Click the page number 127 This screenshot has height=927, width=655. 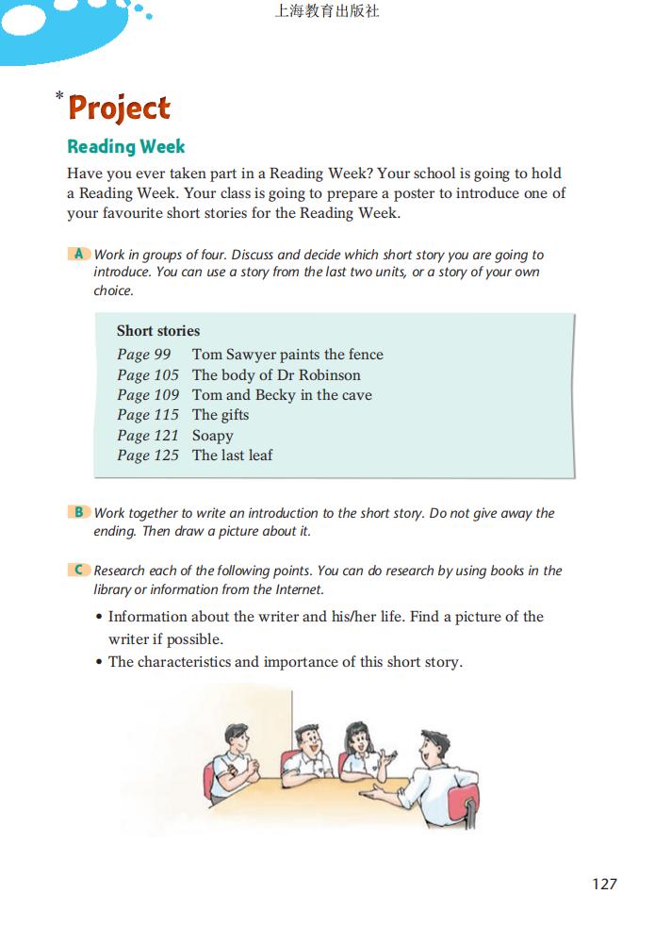(604, 884)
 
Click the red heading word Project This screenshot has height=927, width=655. (120, 108)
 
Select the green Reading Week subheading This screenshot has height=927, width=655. (126, 147)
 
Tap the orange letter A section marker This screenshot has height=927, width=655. (79, 254)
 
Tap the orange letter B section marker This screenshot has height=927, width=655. (79, 512)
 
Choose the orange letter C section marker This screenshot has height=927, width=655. (79, 570)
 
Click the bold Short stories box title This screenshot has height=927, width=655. (158, 331)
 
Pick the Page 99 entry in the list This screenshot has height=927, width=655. (144, 355)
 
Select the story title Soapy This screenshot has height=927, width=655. (212, 436)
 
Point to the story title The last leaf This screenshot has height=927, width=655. (232, 455)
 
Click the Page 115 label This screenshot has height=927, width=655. (148, 415)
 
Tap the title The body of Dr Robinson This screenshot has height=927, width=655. (276, 375)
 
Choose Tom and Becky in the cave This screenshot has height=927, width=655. (282, 395)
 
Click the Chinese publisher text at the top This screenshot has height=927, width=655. (326, 12)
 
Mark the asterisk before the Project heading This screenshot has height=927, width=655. (59, 96)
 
